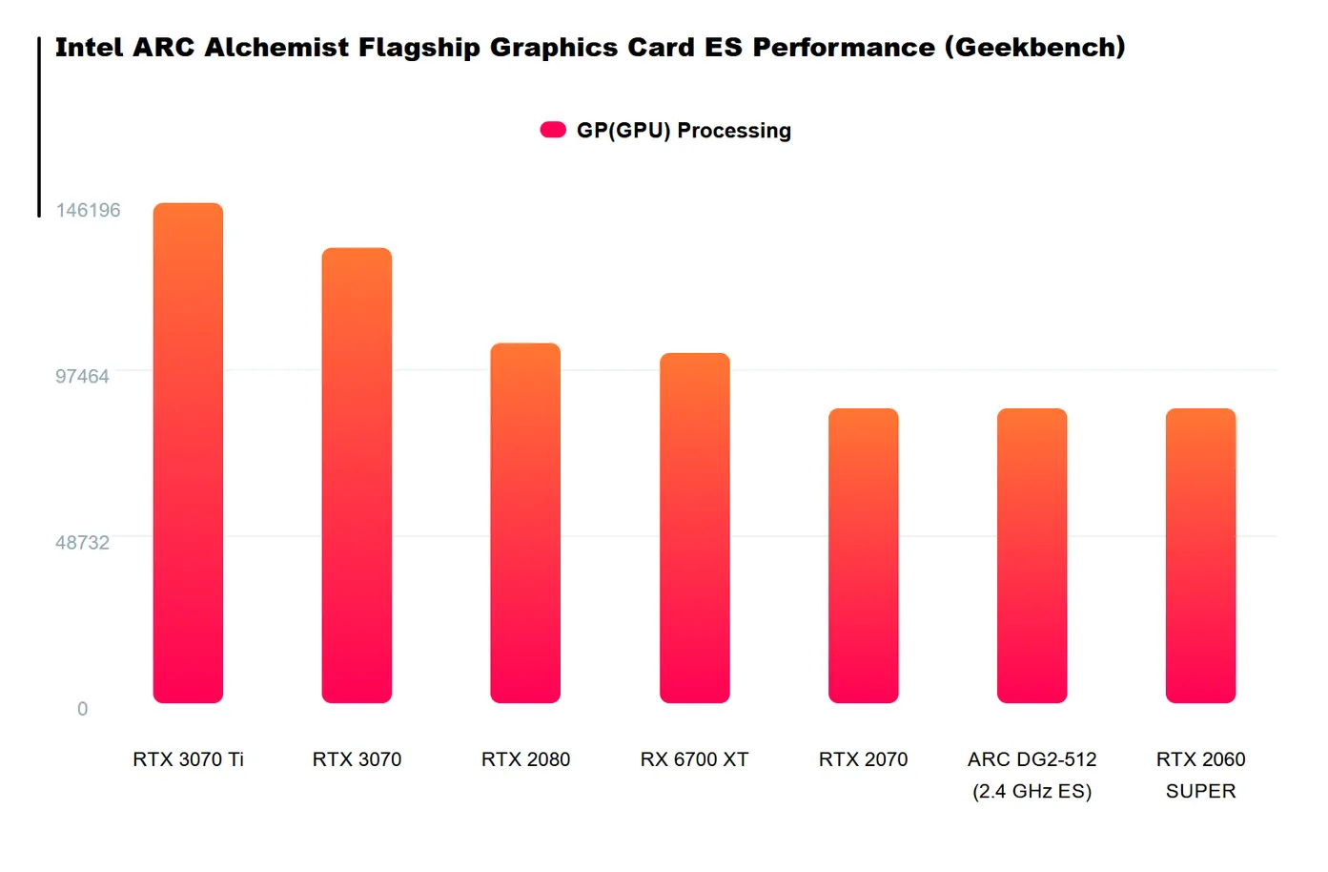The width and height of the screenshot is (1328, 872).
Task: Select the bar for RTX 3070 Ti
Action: pyautogui.click(x=188, y=453)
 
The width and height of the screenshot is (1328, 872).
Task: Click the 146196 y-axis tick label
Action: pyautogui.click(x=88, y=210)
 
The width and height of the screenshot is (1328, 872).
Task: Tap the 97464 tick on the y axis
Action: pyautogui.click(x=82, y=376)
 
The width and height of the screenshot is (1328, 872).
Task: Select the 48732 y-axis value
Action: pyautogui.click(x=82, y=543)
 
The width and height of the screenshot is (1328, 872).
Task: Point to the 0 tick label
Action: pyautogui.click(x=82, y=709)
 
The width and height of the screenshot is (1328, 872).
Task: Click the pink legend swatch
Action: pyautogui.click(x=553, y=130)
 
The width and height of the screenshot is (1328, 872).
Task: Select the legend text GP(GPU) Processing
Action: pyautogui.click(x=684, y=131)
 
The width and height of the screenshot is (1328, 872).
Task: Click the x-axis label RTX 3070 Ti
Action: pyautogui.click(x=188, y=759)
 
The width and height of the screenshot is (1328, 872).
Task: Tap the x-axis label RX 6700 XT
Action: pyautogui.click(x=694, y=759)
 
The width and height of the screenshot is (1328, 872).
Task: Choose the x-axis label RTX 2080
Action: pyautogui.click(x=525, y=759)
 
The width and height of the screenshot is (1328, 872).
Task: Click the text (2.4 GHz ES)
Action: pyautogui.click(x=1032, y=791)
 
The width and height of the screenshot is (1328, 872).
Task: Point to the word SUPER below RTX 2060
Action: pyautogui.click(x=1200, y=791)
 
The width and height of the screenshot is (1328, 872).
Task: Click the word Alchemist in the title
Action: pyautogui.click(x=276, y=48)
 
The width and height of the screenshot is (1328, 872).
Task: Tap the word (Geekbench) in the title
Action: pyautogui.click(x=1034, y=48)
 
